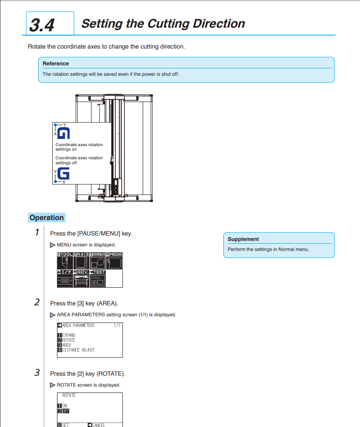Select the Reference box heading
point(56,64)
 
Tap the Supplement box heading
point(243,239)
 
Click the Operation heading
point(47,218)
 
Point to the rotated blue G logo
point(64,133)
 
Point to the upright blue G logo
point(64,174)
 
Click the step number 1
point(37,232)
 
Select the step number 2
point(37,302)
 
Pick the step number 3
point(37,373)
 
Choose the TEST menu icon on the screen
point(98,278)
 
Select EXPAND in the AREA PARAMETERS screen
point(69,335)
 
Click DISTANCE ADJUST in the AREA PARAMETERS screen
point(78,350)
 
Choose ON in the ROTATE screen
point(64,406)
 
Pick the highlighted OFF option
point(65,411)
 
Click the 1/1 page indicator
point(117,325)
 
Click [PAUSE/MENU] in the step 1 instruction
point(99,233)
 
